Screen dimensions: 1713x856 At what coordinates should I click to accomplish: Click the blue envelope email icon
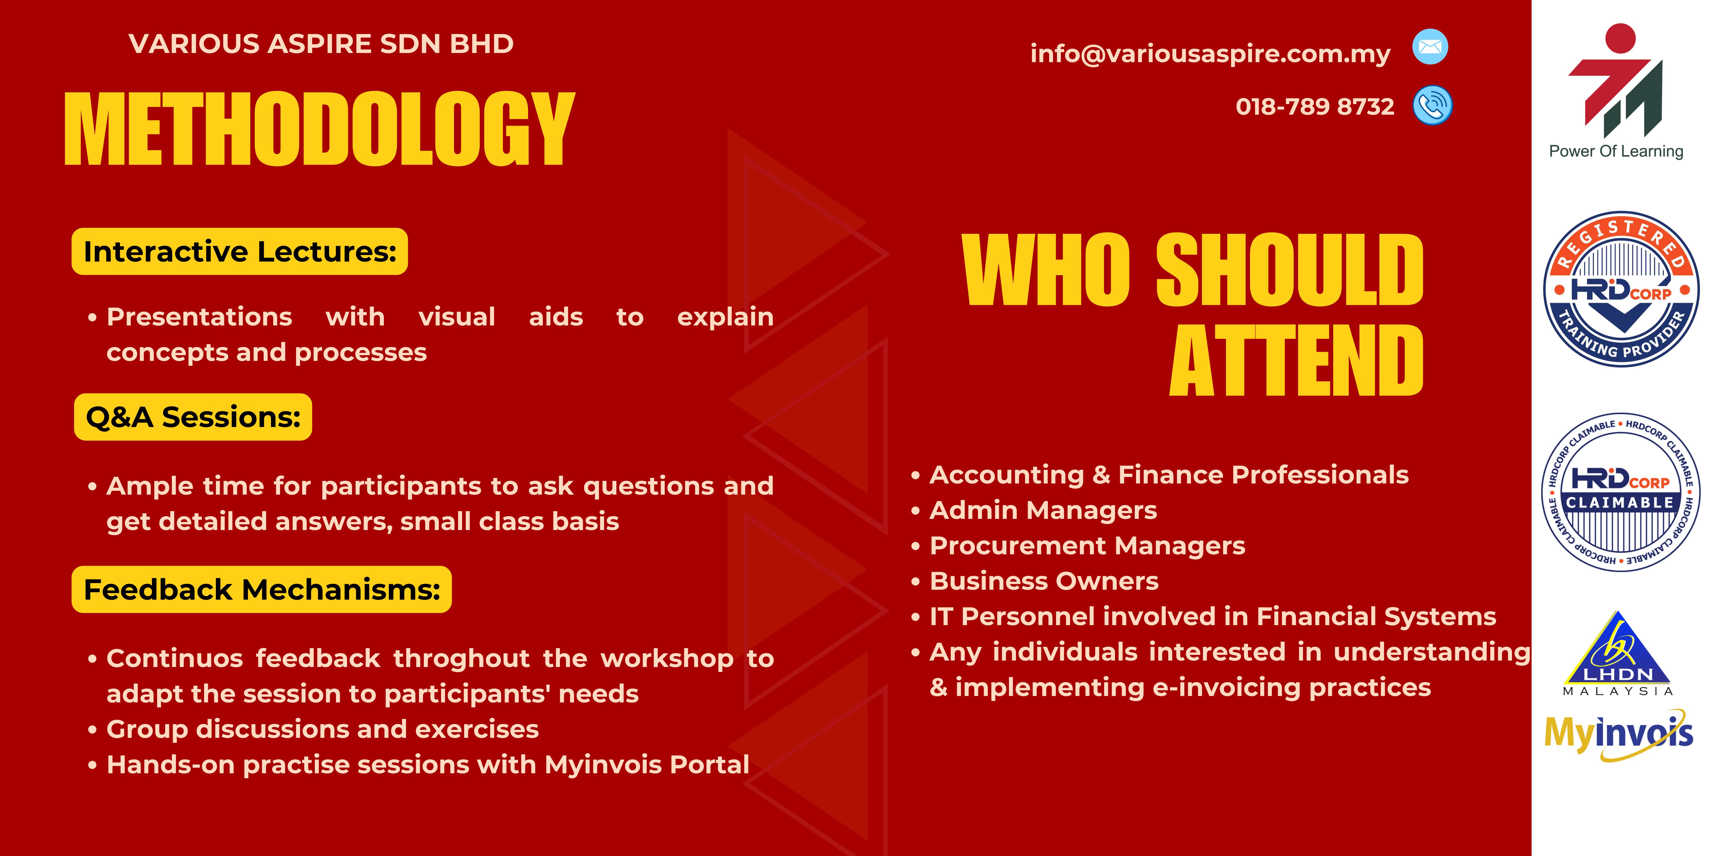point(1430,47)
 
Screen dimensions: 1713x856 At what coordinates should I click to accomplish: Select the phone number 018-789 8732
point(1315,106)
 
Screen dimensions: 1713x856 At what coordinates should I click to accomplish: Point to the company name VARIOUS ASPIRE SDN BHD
point(321,44)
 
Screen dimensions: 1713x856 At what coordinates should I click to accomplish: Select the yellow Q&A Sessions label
point(193,417)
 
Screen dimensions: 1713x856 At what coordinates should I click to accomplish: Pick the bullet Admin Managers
point(1043,510)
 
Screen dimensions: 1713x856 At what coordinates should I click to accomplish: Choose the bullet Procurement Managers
point(1087,546)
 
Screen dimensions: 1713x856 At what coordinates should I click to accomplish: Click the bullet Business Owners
point(1044,581)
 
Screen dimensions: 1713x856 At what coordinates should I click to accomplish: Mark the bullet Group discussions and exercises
point(322,729)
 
